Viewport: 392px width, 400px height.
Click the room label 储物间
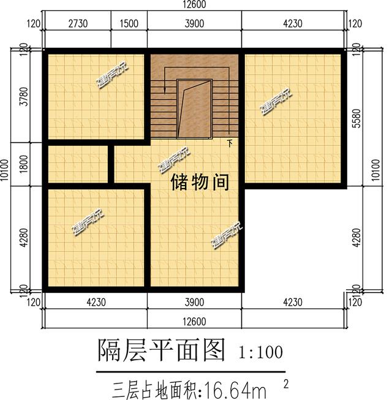tap(200, 182)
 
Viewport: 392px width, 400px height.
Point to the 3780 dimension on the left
tap(24, 96)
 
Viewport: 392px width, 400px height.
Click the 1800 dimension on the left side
tap(24, 163)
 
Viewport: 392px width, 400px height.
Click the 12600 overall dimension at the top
tap(195, 6)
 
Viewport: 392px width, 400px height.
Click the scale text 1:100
tap(261, 352)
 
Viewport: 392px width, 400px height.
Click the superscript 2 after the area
tap(286, 383)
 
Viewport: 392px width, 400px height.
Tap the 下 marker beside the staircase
tap(230, 144)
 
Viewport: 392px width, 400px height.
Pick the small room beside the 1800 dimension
tap(78, 164)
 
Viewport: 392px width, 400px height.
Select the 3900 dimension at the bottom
tap(195, 301)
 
